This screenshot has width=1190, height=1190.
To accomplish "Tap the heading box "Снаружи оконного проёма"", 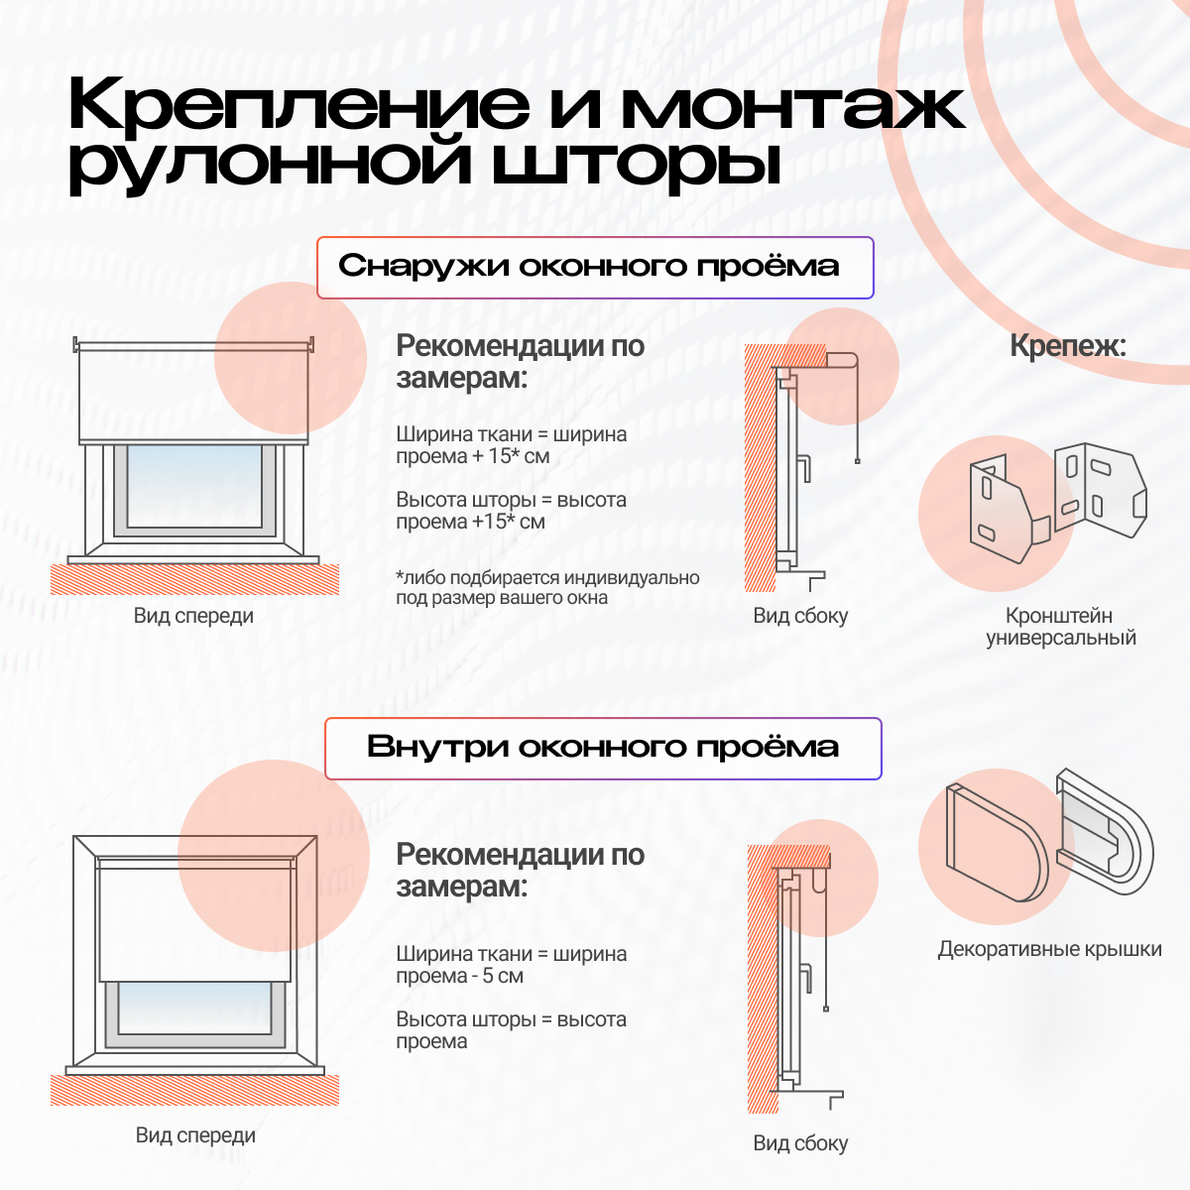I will point(594,267).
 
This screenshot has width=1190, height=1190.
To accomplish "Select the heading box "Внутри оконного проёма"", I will point(603,748).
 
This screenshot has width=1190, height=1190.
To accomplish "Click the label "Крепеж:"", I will point(1068,346).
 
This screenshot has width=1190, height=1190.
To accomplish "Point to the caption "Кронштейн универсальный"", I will point(1060,627).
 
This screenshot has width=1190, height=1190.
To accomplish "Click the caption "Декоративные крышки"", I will point(1049,949).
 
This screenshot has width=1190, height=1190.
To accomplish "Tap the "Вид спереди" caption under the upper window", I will point(193,616).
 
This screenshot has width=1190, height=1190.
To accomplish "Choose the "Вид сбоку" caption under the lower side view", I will point(800,1143).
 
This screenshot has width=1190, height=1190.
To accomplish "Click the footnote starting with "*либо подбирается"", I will point(547,587).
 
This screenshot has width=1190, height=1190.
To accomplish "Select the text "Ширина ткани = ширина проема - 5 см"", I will point(511,965).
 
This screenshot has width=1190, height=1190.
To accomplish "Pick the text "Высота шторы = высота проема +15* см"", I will point(511,511).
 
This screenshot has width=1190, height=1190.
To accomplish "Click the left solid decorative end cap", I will point(995,843).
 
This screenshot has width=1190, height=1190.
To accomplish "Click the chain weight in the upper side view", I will point(857,461).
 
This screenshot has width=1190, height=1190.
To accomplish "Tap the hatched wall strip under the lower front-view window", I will point(194,1090).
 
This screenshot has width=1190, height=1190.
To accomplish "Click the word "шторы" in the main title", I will point(635,165).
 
